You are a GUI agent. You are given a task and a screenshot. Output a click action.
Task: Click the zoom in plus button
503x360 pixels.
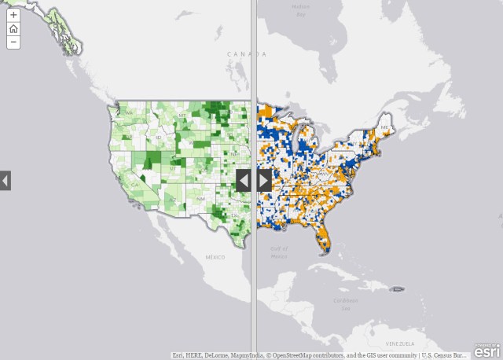[x=13, y=15]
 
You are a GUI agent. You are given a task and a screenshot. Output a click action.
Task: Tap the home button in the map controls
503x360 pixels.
[x=13, y=28]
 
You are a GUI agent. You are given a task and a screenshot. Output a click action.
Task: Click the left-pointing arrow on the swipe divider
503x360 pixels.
[x=244, y=180]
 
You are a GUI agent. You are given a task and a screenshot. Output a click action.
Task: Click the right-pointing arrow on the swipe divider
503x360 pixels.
[x=264, y=180]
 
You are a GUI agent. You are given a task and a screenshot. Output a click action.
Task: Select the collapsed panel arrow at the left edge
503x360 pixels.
[x=6, y=180]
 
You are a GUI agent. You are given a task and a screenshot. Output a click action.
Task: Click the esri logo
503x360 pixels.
[x=486, y=351]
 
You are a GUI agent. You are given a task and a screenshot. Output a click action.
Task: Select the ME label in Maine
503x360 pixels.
[x=384, y=127]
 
